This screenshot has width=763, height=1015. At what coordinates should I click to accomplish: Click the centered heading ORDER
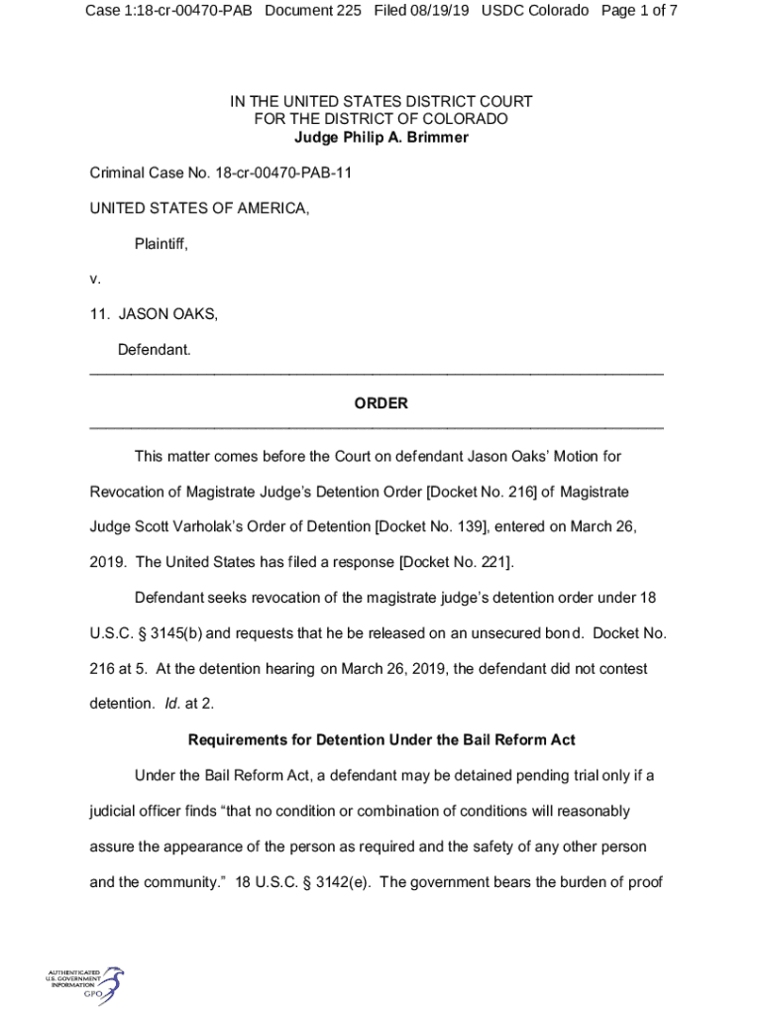[x=381, y=403]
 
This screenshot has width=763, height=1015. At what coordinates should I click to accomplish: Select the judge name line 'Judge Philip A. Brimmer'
[x=381, y=137]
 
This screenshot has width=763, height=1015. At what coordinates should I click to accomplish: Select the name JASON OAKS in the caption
[x=167, y=314]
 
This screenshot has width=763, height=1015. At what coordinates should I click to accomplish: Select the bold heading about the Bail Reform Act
[x=381, y=739]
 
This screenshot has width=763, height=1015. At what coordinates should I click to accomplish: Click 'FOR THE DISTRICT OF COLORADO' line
[x=381, y=119]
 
